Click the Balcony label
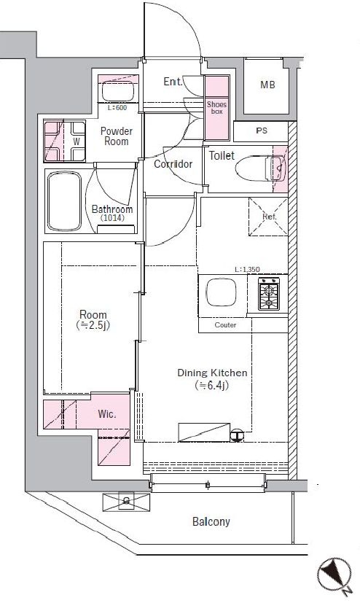click(211, 521)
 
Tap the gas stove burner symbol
click(268, 293)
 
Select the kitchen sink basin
click(221, 292)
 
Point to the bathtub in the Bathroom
click(64, 201)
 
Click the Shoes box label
click(216, 108)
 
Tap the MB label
click(267, 85)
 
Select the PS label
click(262, 131)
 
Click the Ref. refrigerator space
click(268, 216)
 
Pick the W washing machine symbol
click(65, 141)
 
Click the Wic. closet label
click(107, 414)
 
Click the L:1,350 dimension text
click(247, 270)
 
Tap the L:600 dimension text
click(117, 108)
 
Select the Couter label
click(225, 325)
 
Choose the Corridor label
click(173, 164)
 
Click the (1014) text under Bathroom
click(112, 218)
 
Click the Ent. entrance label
click(173, 82)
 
